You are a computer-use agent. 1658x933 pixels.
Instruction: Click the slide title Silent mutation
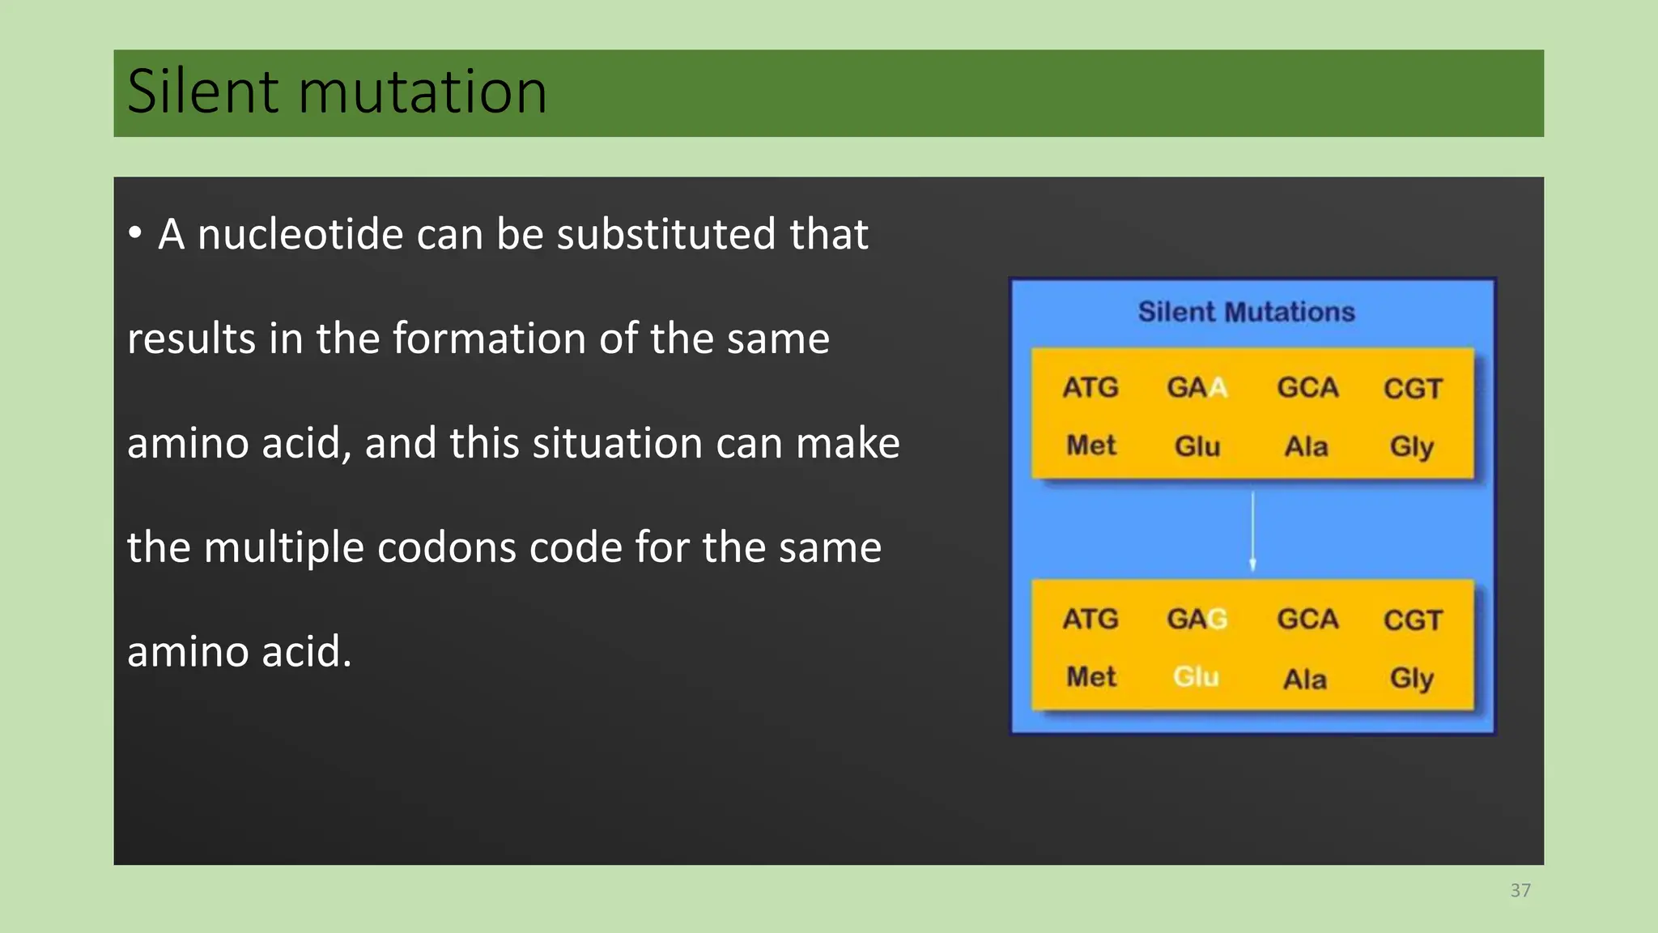coord(337,92)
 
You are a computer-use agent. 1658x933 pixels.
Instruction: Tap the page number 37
coord(1520,891)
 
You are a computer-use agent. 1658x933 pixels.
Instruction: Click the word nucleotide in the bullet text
coord(300,235)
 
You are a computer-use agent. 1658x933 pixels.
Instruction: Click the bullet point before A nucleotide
coord(135,234)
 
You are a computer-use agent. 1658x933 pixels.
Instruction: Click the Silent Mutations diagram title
coord(1246,312)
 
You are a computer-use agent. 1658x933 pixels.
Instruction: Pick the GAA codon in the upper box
coord(1197,388)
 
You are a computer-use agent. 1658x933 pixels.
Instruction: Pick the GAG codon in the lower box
coord(1197,620)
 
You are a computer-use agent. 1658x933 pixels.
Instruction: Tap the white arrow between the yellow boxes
coord(1252,530)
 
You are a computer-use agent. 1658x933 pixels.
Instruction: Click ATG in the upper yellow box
coord(1090,388)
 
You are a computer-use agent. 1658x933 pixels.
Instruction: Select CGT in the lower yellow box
coord(1413,620)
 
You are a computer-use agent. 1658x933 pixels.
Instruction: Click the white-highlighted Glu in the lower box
coord(1197,677)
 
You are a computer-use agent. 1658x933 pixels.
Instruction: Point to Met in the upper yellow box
coord(1090,445)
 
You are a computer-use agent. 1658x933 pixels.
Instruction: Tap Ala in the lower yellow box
coord(1305,679)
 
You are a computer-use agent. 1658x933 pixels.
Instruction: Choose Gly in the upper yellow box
coord(1411,446)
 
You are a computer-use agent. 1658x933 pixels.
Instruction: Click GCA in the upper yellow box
coord(1307,388)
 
